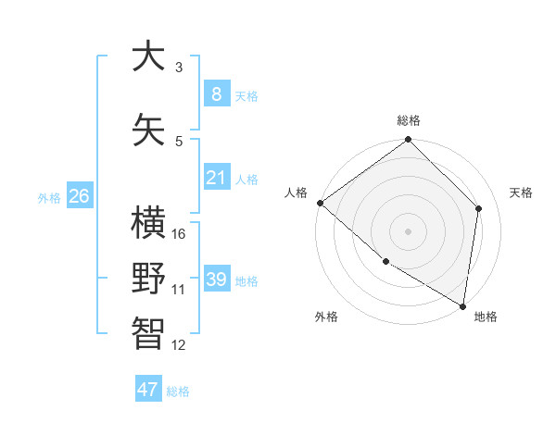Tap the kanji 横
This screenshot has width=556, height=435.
click(148, 223)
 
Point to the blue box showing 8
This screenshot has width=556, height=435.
click(216, 93)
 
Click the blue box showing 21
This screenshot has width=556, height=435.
click(216, 178)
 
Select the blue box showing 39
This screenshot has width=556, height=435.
click(216, 280)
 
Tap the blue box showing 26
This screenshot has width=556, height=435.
click(79, 196)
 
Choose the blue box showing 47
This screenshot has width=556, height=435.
click(147, 390)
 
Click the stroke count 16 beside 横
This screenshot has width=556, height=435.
click(179, 234)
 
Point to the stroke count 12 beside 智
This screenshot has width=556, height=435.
click(179, 345)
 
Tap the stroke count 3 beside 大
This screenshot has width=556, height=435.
click(178, 68)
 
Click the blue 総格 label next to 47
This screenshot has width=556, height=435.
click(178, 391)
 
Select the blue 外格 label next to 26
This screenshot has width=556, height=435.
click(48, 197)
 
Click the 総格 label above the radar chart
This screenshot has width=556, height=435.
click(409, 120)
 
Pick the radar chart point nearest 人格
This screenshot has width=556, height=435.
click(320, 203)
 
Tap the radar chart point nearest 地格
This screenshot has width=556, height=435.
click(462, 305)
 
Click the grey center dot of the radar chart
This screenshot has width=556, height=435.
click(408, 231)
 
